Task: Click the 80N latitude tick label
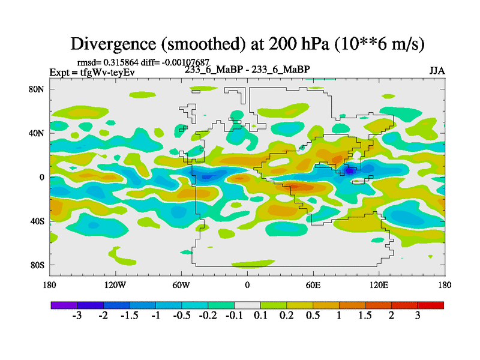coord(37,89)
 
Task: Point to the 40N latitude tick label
coord(37,133)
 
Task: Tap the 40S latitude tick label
coord(37,221)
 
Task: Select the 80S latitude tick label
coord(37,265)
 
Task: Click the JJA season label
coord(437,71)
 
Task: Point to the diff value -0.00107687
coord(182,62)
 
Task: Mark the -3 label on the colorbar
coord(77,316)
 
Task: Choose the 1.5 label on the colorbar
coord(365,316)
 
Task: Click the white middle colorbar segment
coord(247,305)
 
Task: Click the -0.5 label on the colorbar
coord(181,316)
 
